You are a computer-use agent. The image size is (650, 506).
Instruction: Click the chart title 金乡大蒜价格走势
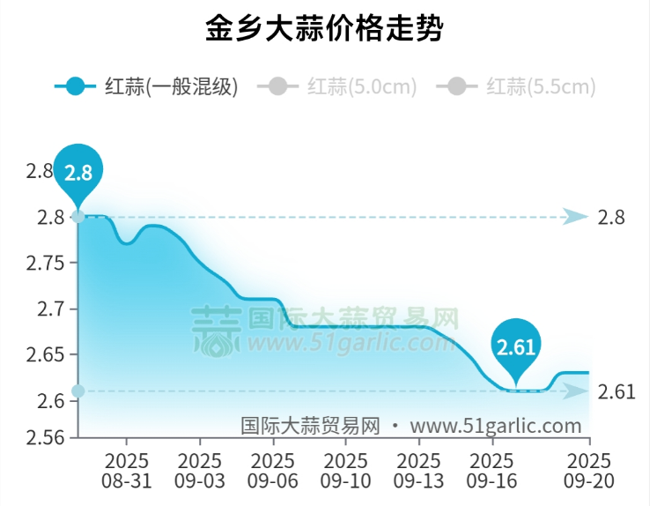324,29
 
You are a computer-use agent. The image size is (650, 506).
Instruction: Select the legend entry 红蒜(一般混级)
146,86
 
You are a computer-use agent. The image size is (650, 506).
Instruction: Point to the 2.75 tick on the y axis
51,263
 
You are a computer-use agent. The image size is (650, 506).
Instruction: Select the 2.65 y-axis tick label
51,355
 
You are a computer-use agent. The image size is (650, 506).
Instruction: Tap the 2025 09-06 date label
272,472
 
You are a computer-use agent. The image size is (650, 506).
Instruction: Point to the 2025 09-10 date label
345,472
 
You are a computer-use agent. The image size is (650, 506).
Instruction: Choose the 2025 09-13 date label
418,472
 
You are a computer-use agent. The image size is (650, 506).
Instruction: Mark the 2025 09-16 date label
491,472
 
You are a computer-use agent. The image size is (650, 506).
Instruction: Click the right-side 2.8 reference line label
610,217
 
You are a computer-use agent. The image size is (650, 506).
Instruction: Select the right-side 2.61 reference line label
616,391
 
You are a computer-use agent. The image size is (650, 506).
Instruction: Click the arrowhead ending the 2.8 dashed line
576,217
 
